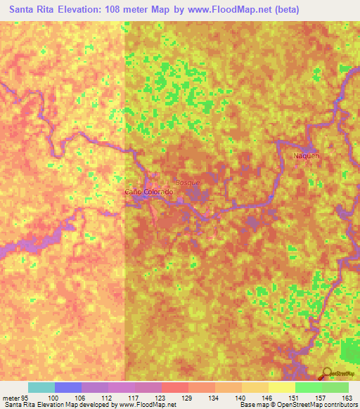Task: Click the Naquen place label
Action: coord(307,155)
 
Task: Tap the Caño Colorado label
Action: coord(148,192)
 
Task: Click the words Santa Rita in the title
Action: coord(33,10)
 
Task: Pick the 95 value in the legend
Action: coord(25,398)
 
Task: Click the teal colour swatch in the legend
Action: coord(41,387)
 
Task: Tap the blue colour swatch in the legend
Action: coord(68,387)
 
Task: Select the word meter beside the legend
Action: coord(10,398)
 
